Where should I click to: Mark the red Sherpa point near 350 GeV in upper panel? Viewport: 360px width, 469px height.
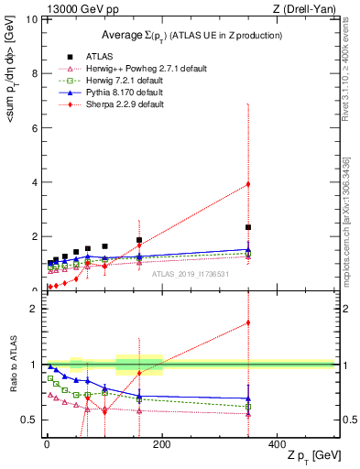[248, 184]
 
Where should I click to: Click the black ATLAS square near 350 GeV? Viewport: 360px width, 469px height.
[248, 227]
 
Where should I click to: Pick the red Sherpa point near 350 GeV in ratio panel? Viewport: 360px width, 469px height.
[248, 322]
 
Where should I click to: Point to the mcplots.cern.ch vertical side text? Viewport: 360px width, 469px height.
[346, 220]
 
